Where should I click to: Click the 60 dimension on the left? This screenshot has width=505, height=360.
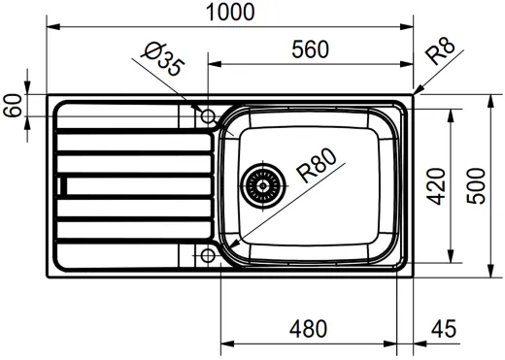(x=13, y=105)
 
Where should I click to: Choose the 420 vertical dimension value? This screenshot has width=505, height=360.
(x=436, y=184)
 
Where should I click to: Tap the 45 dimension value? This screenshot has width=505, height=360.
(x=443, y=330)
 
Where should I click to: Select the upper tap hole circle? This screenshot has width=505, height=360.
(x=207, y=116)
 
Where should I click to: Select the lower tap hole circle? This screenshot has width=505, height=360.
(x=207, y=256)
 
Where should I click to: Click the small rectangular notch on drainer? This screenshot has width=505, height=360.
(x=64, y=185)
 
